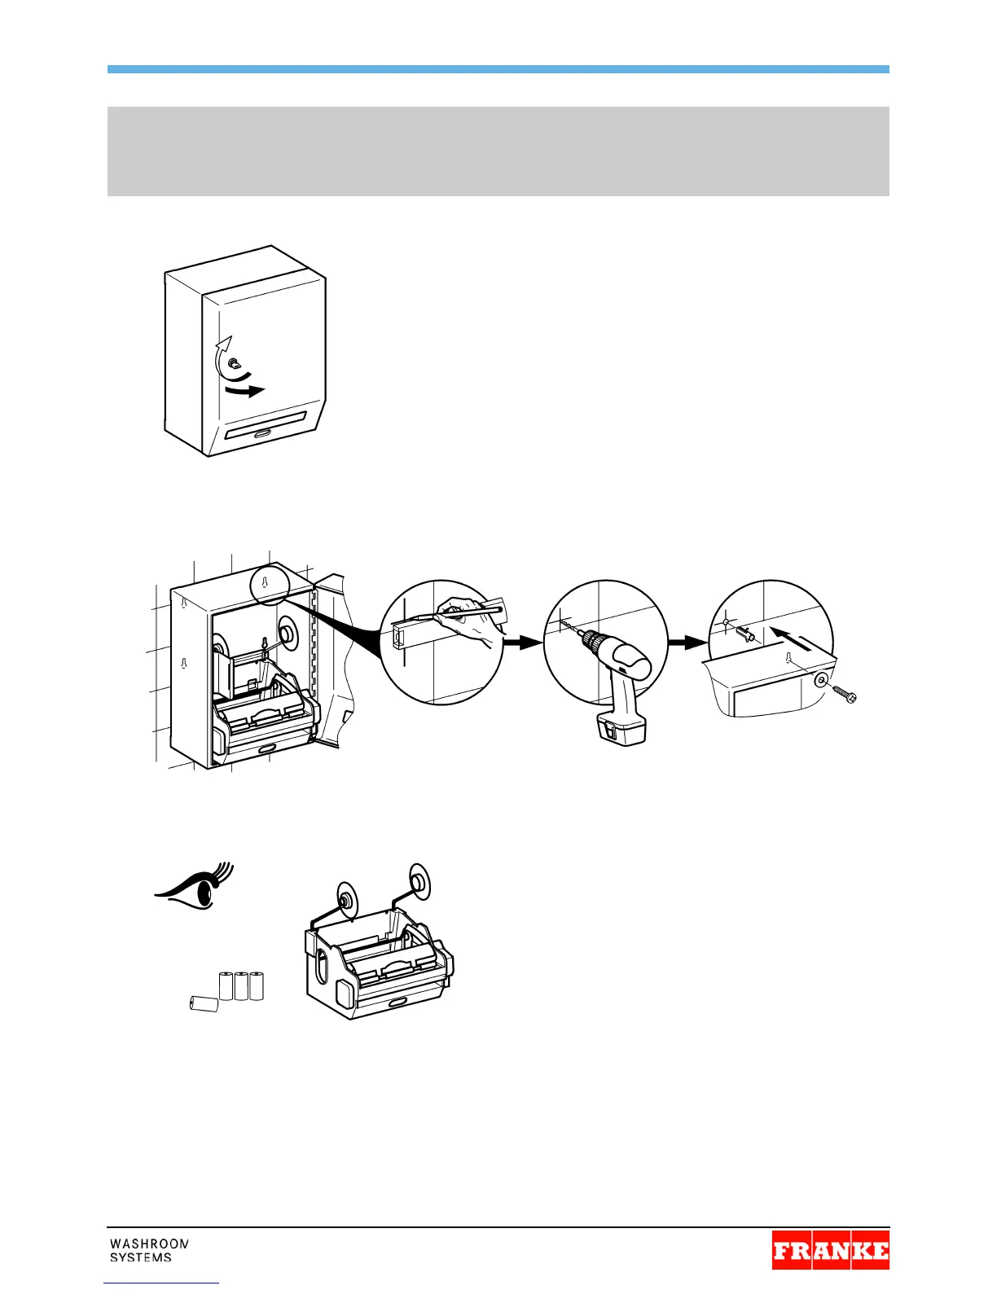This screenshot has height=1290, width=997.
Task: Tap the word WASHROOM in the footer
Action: (x=149, y=1244)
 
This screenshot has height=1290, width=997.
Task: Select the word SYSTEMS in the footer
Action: (x=141, y=1257)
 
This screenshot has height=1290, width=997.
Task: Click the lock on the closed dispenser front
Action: (x=233, y=364)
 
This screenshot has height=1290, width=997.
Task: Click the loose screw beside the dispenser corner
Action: (x=844, y=695)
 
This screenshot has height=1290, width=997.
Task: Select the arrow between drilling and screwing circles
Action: (x=687, y=642)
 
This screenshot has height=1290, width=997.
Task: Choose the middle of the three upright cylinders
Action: (x=242, y=985)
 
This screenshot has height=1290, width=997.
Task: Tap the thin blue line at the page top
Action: (x=498, y=70)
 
